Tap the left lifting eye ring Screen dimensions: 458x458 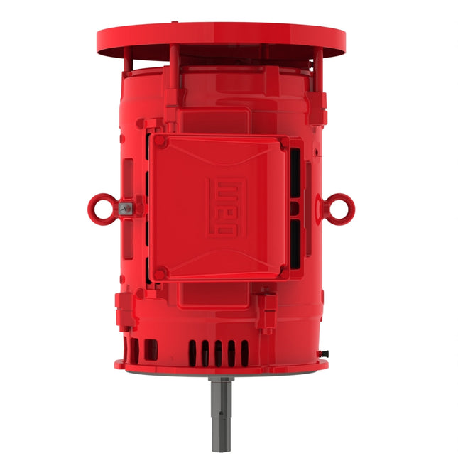pyautogui.click(x=99, y=207)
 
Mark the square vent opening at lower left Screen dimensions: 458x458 pyautogui.click(x=151, y=349)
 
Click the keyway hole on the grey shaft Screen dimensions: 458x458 pyautogui.click(x=222, y=388)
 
